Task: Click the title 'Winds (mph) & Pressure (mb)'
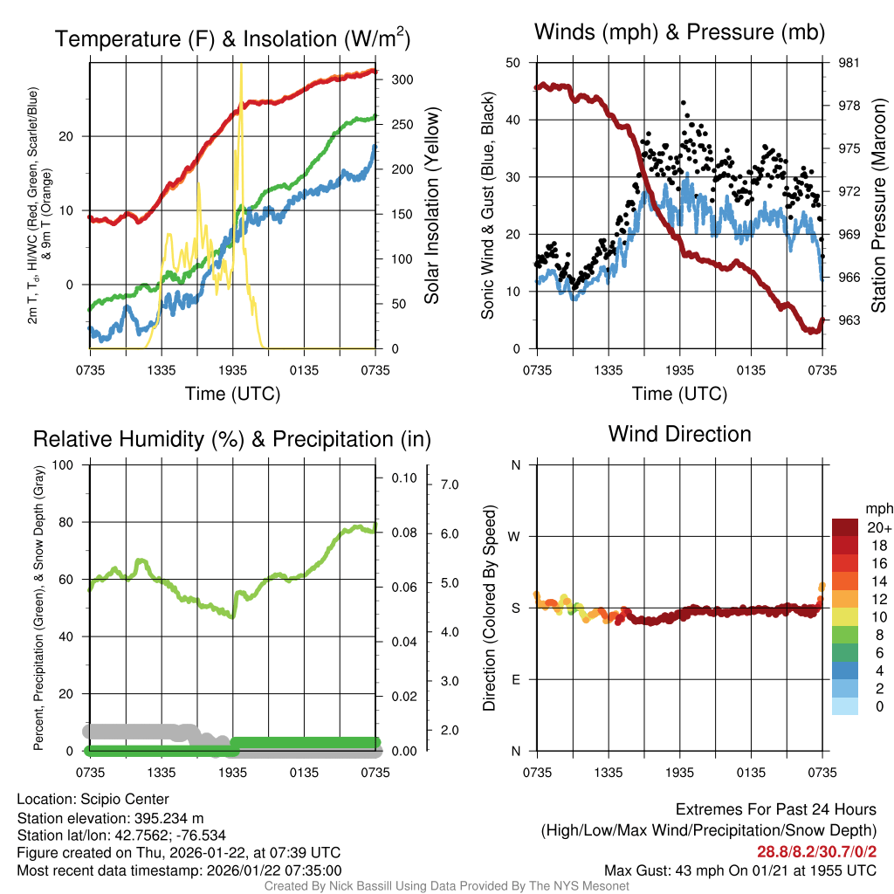pyautogui.click(x=679, y=33)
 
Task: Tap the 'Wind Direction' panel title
pyautogui.click(x=679, y=433)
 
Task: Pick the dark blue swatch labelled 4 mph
pyautogui.click(x=845, y=670)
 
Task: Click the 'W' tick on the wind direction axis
pyautogui.click(x=515, y=536)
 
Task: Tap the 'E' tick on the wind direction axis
pyautogui.click(x=516, y=679)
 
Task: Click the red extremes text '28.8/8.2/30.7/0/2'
pyautogui.click(x=815, y=851)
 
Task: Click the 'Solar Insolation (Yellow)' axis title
pyautogui.click(x=431, y=206)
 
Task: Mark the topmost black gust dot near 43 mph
pyautogui.click(x=684, y=103)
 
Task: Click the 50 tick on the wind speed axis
pyautogui.click(x=514, y=63)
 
